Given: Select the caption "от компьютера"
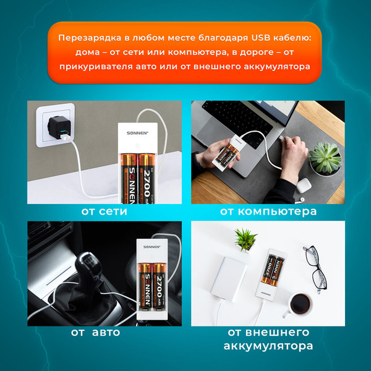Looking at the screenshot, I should (x=268, y=211).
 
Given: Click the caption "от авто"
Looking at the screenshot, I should (x=95, y=332).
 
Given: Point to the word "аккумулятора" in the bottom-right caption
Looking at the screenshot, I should (x=269, y=346).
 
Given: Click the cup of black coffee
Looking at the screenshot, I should (x=301, y=303).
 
